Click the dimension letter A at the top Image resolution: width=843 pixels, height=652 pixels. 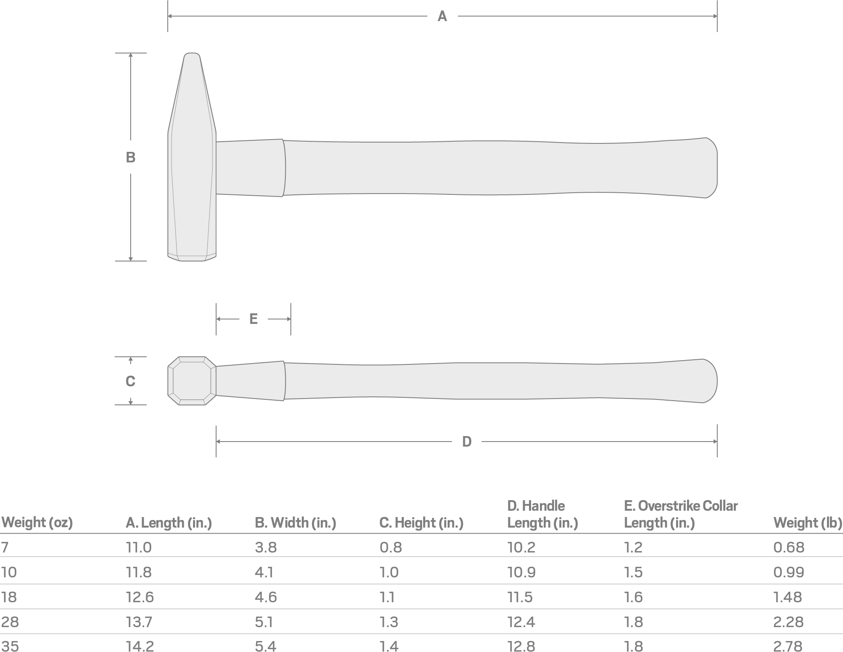tap(442, 16)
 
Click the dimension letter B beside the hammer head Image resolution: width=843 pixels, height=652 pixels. tap(131, 157)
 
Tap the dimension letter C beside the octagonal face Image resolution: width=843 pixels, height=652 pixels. tap(130, 381)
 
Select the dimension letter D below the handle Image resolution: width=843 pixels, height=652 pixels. tap(467, 442)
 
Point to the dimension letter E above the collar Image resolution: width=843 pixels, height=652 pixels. tap(253, 319)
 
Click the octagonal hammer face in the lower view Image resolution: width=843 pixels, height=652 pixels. tap(192, 381)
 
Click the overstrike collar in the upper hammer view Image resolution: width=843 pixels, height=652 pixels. tap(250, 168)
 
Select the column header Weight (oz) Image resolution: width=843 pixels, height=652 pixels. tap(37, 523)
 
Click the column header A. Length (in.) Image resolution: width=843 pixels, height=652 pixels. tap(169, 523)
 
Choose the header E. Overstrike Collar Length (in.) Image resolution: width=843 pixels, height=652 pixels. tap(680, 514)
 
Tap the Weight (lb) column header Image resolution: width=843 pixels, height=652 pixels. tap(808, 523)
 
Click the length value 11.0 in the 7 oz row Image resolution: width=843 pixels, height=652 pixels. tap(139, 547)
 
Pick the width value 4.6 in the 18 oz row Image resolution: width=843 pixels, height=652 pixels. tap(266, 597)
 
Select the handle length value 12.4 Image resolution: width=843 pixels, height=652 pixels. tap(521, 622)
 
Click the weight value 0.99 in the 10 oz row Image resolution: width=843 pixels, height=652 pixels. tap(789, 572)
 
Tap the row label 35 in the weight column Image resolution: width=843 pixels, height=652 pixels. tap(10, 646)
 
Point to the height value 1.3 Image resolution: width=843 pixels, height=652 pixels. tap(389, 622)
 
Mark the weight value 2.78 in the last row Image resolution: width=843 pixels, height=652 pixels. tap(788, 646)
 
